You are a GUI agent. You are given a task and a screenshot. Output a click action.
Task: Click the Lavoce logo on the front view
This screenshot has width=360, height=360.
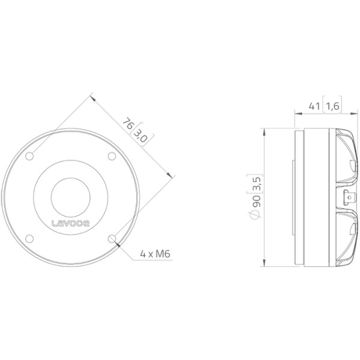(70, 223)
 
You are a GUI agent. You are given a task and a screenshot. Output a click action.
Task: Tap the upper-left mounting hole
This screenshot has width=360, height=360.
(29, 156)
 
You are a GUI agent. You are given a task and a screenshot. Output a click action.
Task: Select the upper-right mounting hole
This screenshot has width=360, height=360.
(112, 156)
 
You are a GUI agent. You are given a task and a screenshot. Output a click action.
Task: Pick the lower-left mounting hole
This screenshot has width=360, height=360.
(29, 239)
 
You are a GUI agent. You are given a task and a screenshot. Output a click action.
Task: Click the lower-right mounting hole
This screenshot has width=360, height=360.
(112, 239)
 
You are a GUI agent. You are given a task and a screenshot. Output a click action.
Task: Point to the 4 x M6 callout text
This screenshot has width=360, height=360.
(155, 254)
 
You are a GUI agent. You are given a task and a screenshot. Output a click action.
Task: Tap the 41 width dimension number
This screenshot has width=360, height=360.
(314, 106)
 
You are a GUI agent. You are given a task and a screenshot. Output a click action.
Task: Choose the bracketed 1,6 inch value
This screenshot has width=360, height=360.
(332, 106)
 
